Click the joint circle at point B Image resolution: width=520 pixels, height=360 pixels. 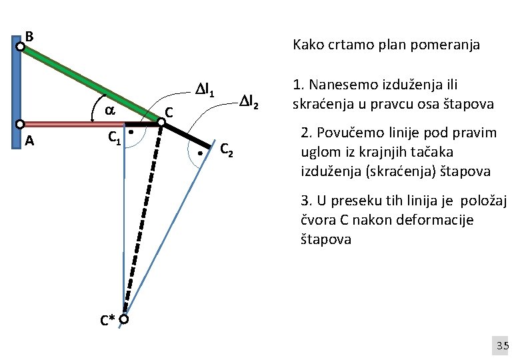[x=21, y=47]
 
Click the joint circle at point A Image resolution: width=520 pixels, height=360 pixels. [x=21, y=124]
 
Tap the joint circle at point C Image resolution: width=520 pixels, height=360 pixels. [x=161, y=122]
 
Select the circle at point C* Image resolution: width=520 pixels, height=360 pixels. [x=124, y=320]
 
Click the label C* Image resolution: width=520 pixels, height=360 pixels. [x=107, y=321]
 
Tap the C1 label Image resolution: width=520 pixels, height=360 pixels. [x=115, y=138]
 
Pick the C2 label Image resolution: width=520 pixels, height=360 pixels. [x=227, y=150]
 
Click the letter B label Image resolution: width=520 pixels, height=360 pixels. [x=29, y=35]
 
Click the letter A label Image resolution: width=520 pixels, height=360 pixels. [x=29, y=141]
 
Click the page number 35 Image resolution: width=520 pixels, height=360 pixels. [x=502, y=345]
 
